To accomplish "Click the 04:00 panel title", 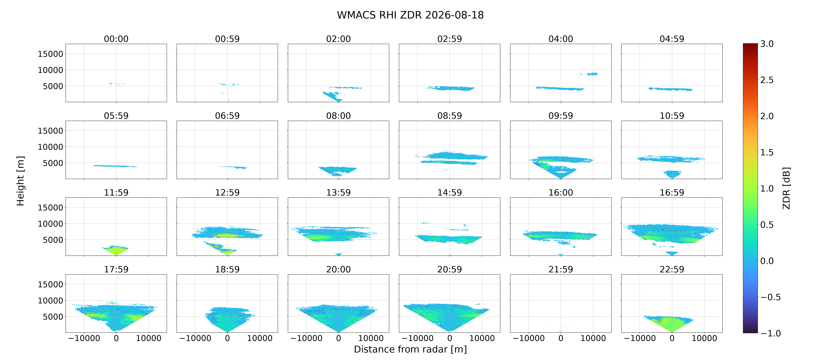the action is click(561, 39).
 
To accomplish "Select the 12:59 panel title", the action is click(227, 192).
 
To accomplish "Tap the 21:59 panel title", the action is click(561, 269).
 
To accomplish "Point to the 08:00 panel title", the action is click(339, 116).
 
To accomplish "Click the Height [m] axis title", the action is click(20, 181).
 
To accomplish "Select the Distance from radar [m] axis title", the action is click(410, 349).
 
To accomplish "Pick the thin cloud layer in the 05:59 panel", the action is click(115, 166).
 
